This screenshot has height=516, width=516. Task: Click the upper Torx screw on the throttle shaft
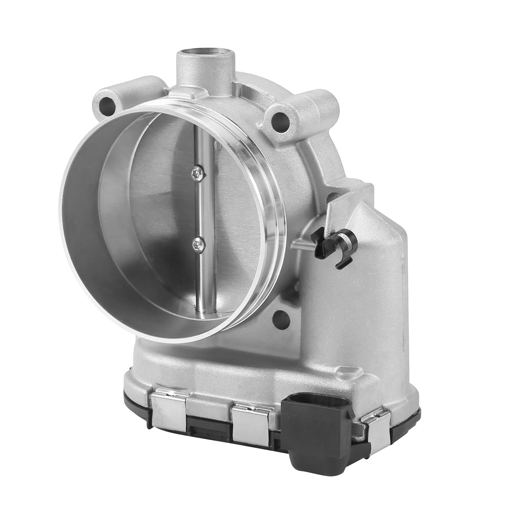coord(199,174)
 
